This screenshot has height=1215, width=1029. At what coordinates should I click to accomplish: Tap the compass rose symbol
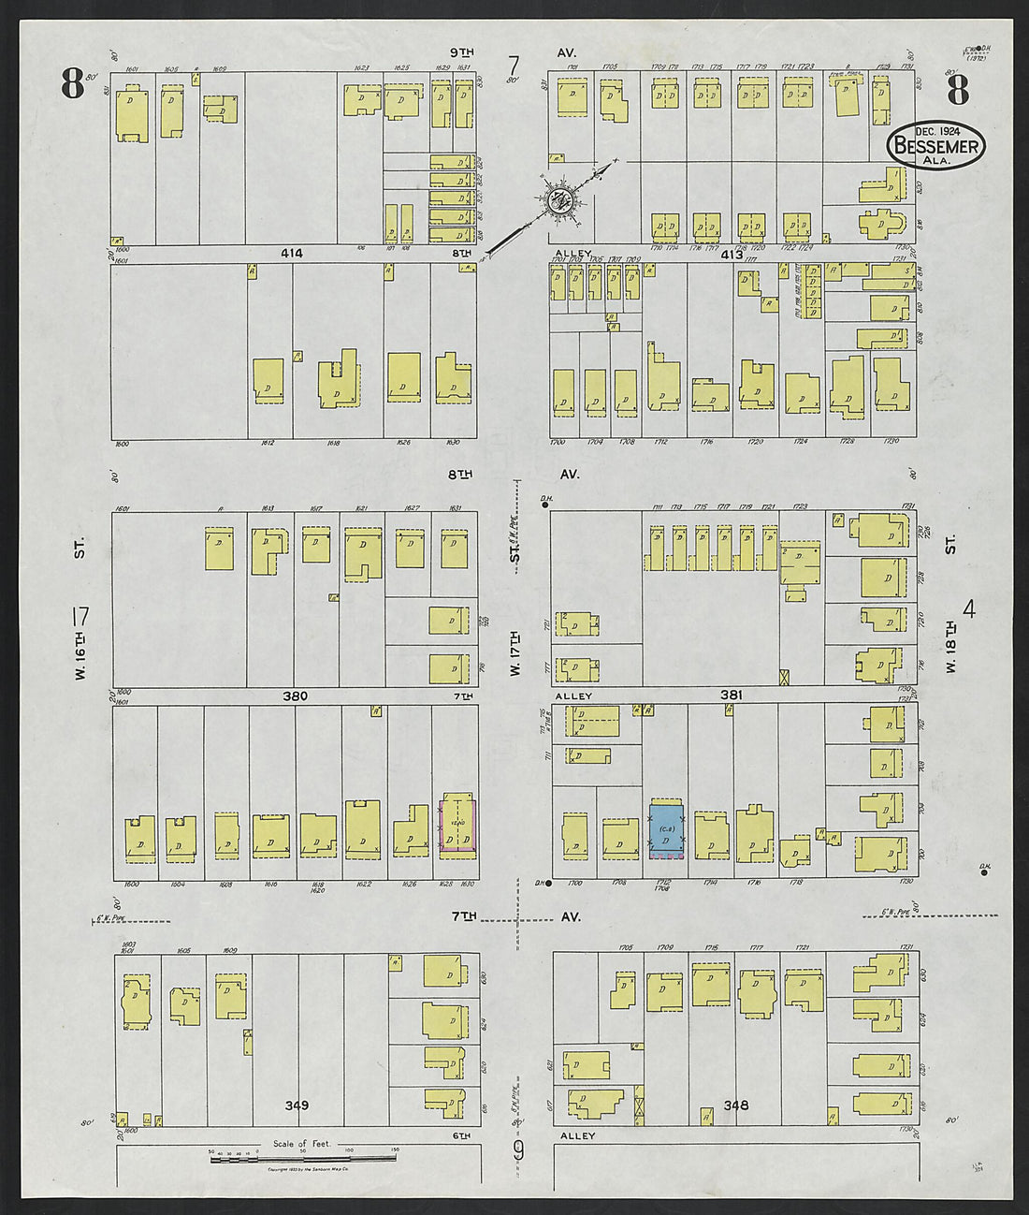pyautogui.click(x=561, y=198)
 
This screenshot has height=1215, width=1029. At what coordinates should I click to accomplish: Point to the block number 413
pyautogui.click(x=731, y=255)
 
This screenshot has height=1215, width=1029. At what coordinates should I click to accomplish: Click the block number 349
pyautogui.click(x=297, y=1105)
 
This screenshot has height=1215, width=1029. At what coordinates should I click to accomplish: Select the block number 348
pyautogui.click(x=735, y=1105)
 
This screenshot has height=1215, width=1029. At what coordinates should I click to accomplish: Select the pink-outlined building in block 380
pyautogui.click(x=457, y=825)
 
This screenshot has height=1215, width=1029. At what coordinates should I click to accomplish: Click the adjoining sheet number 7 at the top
pyautogui.click(x=513, y=66)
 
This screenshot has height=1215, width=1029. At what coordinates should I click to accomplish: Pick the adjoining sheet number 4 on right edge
pyautogui.click(x=969, y=609)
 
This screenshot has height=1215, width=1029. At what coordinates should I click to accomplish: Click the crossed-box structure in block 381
pyautogui.click(x=785, y=677)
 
